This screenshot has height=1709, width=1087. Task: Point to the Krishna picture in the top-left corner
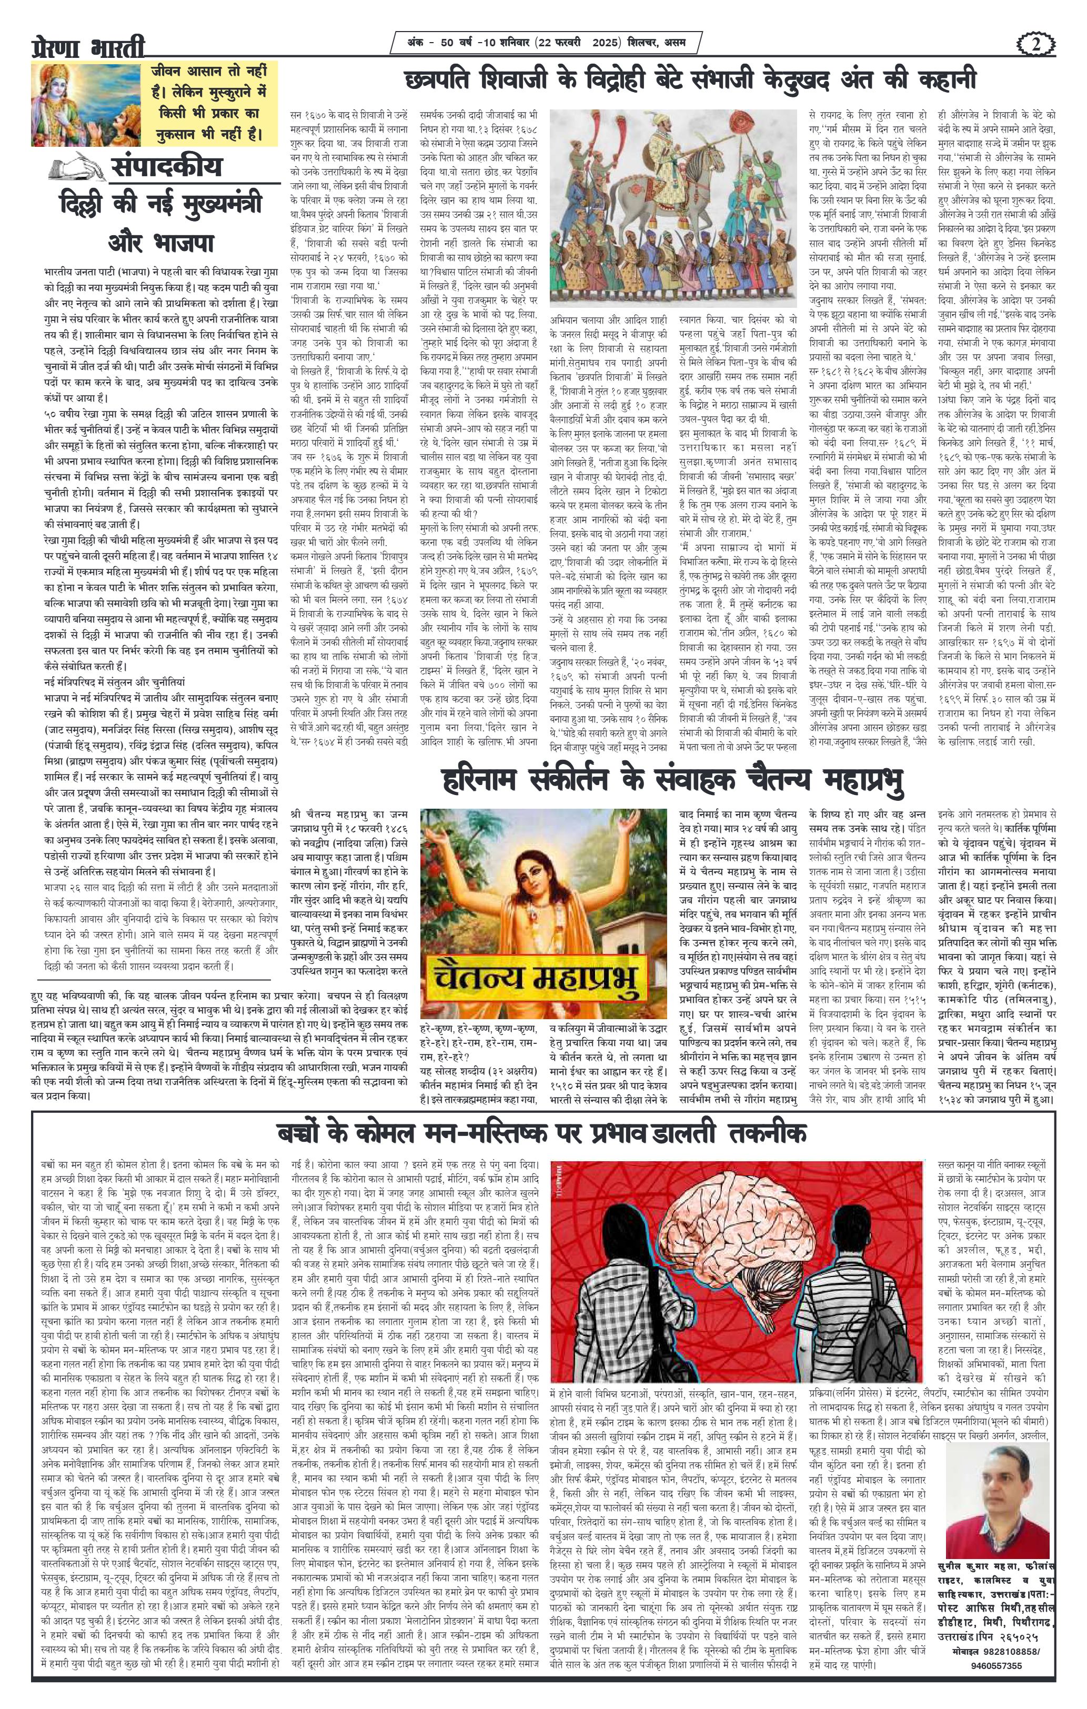(x=87, y=102)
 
